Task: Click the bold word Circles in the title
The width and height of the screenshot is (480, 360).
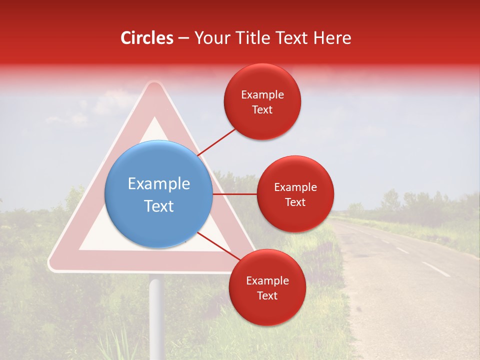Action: point(147,38)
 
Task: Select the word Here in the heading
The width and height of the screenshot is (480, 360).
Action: point(331,38)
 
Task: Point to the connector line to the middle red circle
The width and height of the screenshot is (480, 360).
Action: point(235,194)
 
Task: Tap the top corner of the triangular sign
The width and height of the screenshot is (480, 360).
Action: point(155,85)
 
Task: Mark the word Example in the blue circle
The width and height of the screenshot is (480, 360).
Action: point(159,183)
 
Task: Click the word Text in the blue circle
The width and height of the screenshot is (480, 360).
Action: point(159,205)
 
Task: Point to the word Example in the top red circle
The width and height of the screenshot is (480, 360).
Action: point(262,95)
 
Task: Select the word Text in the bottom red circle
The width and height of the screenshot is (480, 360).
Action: point(267,295)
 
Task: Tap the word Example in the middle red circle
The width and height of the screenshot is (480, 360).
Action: point(295,187)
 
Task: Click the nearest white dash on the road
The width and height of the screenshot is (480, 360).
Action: point(435,269)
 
